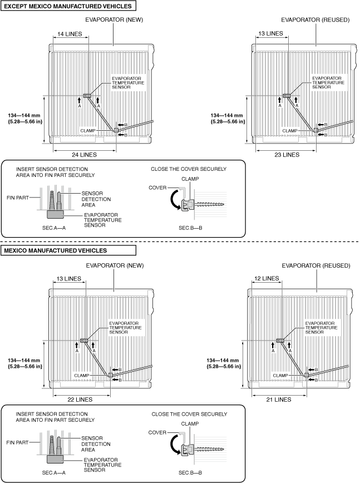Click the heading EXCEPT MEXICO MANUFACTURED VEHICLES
[x=68, y=7]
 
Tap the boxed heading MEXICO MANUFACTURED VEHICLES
[x=55, y=250]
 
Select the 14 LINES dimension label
[x=68, y=34]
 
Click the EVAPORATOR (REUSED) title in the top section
[x=315, y=20]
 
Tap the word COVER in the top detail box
[x=157, y=188]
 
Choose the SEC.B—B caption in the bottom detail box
[x=190, y=473]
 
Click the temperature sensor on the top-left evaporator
[x=87, y=96]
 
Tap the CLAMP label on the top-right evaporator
[x=290, y=131]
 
